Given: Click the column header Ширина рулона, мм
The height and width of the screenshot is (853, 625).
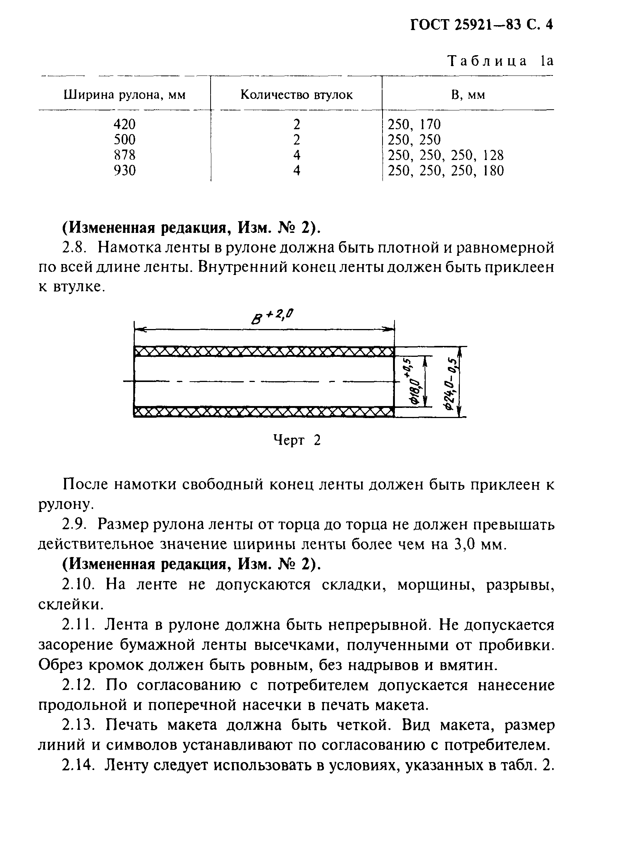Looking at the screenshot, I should [125, 95].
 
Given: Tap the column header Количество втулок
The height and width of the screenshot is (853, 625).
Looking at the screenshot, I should [296, 95].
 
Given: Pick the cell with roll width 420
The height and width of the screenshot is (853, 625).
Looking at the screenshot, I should [125, 124].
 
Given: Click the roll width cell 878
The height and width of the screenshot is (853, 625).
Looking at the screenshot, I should [125, 155].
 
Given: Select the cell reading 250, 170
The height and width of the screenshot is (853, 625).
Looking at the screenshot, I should [414, 124].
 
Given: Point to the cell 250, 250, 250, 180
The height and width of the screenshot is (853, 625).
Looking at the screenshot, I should [446, 171].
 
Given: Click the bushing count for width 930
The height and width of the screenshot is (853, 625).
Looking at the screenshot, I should [297, 171].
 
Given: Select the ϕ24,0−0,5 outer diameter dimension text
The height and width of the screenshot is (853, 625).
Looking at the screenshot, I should [451, 382].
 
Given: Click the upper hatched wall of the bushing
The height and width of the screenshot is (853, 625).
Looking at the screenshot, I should [264, 352].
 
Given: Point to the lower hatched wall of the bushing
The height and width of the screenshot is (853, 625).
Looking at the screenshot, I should [264, 412].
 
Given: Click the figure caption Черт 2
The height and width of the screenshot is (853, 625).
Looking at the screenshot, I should [297, 440].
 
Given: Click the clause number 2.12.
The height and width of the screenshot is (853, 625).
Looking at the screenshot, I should [79, 685].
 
